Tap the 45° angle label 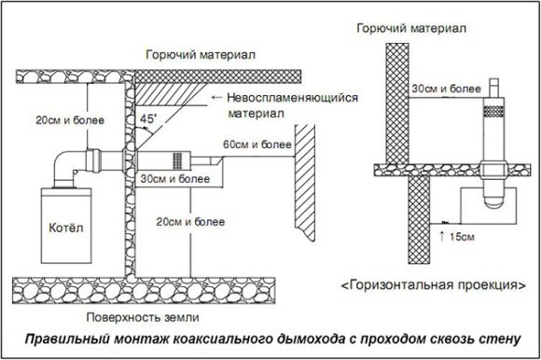click(x=148, y=119)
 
